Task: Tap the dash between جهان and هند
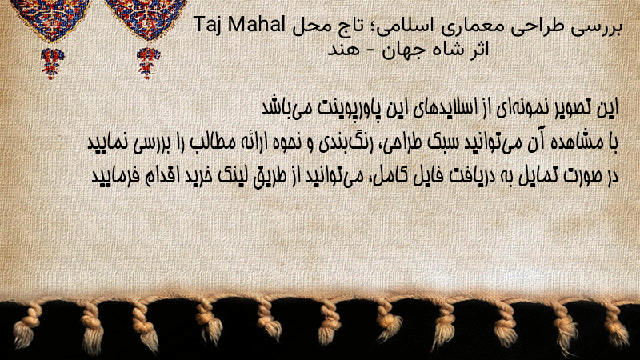tap(370, 50)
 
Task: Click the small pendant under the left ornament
tap(52, 63)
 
